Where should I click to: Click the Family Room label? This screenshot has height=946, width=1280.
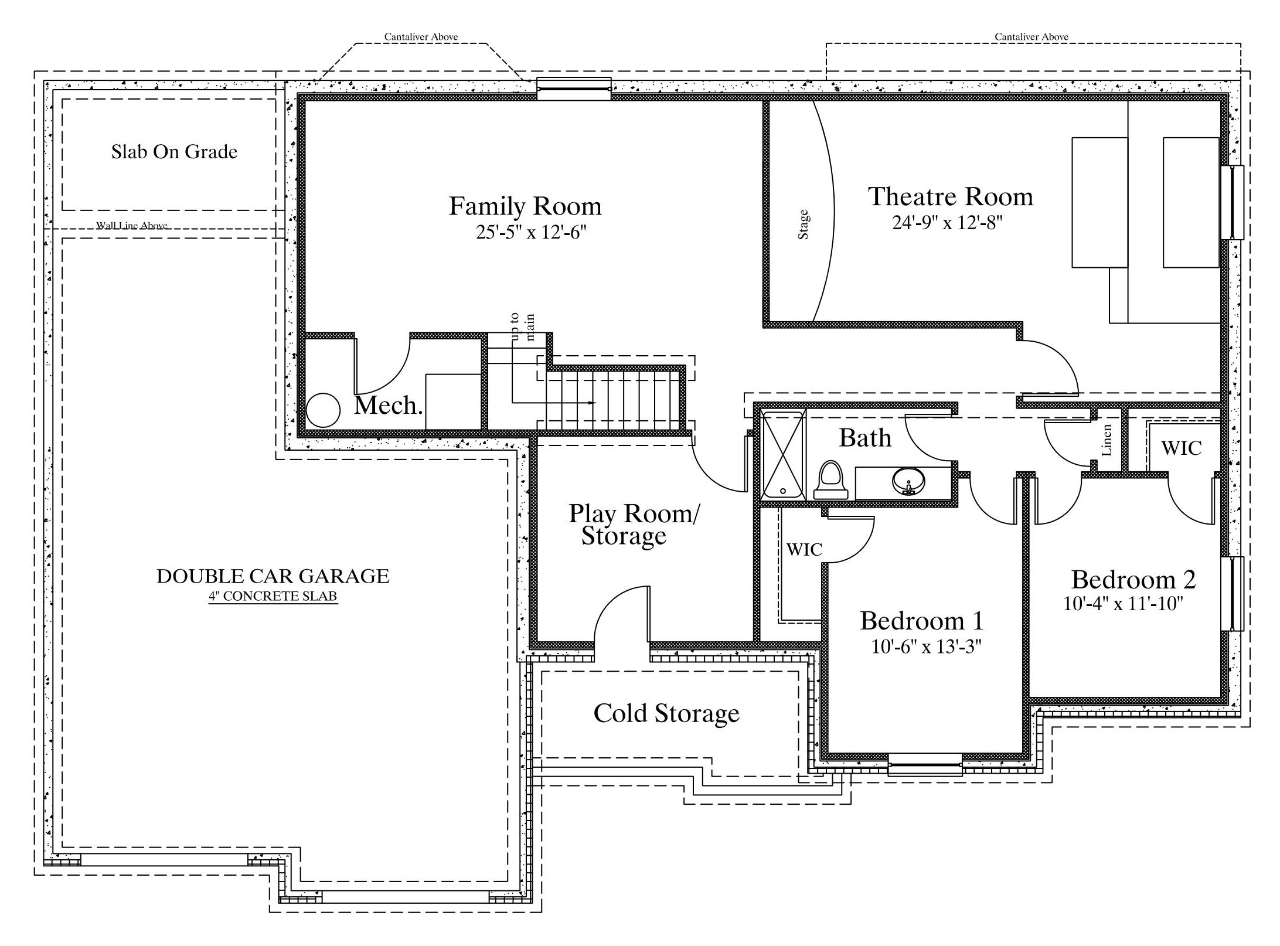(x=525, y=206)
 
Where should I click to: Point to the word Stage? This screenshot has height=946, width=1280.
(x=804, y=224)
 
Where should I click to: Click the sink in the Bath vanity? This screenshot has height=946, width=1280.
(x=909, y=481)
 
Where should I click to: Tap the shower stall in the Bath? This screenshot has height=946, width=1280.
(x=783, y=455)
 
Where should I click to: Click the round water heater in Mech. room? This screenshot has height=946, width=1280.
(x=323, y=410)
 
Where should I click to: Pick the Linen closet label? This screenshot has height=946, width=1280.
(x=1107, y=440)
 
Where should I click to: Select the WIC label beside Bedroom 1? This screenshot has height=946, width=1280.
(x=804, y=549)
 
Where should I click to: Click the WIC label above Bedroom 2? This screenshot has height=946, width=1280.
(x=1182, y=448)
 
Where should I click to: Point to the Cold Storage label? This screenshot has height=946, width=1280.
(x=666, y=713)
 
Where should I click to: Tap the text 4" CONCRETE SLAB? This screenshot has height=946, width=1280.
(x=273, y=597)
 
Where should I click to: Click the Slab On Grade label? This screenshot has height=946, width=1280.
(x=175, y=152)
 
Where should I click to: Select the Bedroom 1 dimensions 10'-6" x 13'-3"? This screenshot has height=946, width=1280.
(x=926, y=646)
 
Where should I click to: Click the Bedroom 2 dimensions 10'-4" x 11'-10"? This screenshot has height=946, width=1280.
(x=1124, y=604)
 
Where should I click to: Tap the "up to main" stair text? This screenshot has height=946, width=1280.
(x=523, y=327)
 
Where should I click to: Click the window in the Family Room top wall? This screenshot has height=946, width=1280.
(x=574, y=89)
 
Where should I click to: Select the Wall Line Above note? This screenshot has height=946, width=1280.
(x=132, y=225)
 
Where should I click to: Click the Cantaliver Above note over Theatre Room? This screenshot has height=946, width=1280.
(x=1032, y=36)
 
